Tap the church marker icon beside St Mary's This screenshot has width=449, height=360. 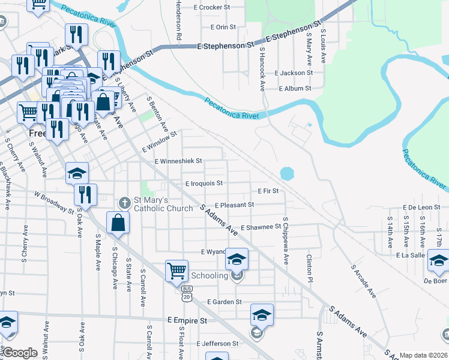point(125,202)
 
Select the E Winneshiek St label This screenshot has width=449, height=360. point(178,161)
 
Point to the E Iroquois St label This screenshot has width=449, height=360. point(204,183)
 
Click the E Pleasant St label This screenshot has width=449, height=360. point(234,205)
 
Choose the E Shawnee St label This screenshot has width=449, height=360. point(261,227)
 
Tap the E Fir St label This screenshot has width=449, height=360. point(268,191)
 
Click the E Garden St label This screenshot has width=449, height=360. point(224,302)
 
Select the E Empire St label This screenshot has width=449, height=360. point(187,321)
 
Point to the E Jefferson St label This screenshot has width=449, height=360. point(218,344)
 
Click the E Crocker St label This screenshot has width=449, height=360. point(212,7)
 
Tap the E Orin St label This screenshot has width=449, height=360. point(223,27)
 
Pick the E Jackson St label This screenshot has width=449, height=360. point(294,73)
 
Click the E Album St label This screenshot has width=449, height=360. point(294,88)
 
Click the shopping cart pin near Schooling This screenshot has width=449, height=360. point(177,270)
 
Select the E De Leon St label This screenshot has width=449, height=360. point(421,207)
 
